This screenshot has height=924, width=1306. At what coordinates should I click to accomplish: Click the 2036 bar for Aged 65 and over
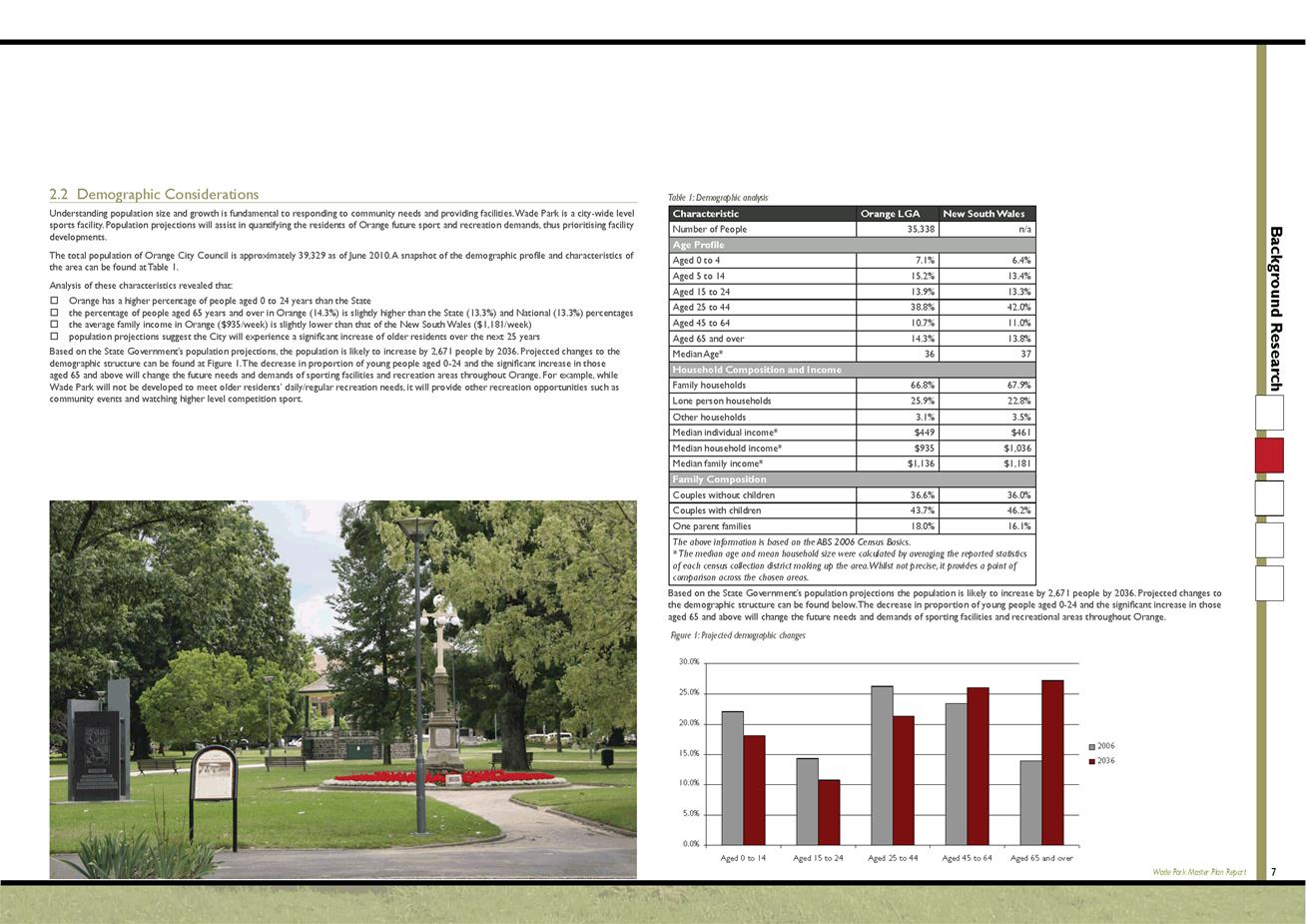click(x=1052, y=762)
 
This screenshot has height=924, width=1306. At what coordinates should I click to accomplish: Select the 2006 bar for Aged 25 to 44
click(x=882, y=765)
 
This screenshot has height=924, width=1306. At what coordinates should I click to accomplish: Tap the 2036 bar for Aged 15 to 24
click(x=829, y=811)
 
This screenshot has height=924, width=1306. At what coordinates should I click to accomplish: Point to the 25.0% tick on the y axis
click(x=689, y=693)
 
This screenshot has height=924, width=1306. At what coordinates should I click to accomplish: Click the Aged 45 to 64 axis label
click(x=967, y=858)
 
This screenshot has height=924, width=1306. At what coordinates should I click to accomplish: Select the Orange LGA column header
click(x=891, y=214)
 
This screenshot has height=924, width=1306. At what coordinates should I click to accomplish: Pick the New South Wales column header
click(x=983, y=214)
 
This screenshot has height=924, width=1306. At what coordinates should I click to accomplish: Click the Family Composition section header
click(x=719, y=479)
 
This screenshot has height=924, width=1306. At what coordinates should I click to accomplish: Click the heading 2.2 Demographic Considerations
click(x=154, y=195)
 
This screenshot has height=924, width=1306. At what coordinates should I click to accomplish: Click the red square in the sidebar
click(x=1269, y=455)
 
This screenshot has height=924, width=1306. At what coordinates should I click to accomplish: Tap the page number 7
click(x=1273, y=872)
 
